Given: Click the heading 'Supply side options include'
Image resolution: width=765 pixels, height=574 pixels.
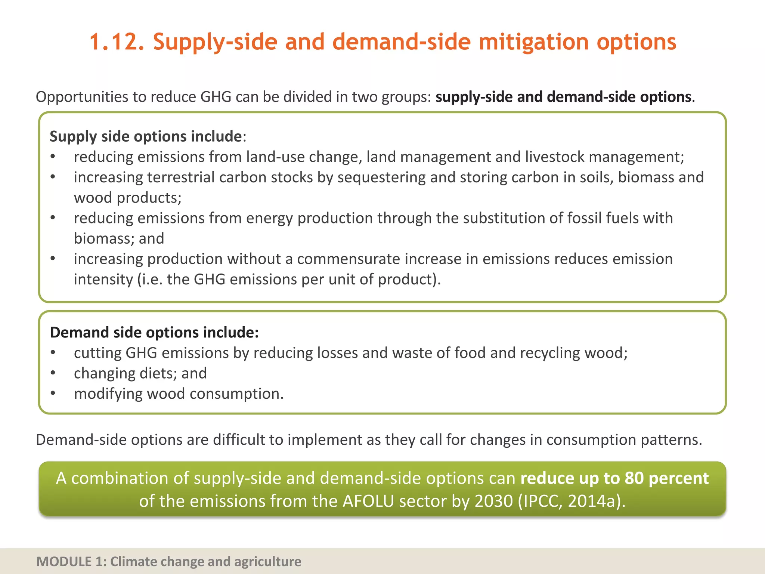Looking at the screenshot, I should pyautogui.click(x=146, y=136).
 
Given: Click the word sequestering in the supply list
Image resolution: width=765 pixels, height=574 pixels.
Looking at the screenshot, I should pyautogui.click(x=381, y=178).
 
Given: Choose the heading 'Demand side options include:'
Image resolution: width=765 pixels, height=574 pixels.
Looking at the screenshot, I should pyautogui.click(x=154, y=332).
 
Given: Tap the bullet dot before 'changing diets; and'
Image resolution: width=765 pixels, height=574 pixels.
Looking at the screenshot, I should pyautogui.click(x=53, y=373).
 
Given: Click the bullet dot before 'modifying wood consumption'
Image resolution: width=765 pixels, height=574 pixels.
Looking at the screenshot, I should pyautogui.click(x=53, y=394).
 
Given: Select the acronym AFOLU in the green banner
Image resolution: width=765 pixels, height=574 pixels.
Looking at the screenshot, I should pyautogui.click(x=368, y=502).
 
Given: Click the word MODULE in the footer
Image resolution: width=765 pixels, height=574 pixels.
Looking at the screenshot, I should pyautogui.click(x=64, y=562).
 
